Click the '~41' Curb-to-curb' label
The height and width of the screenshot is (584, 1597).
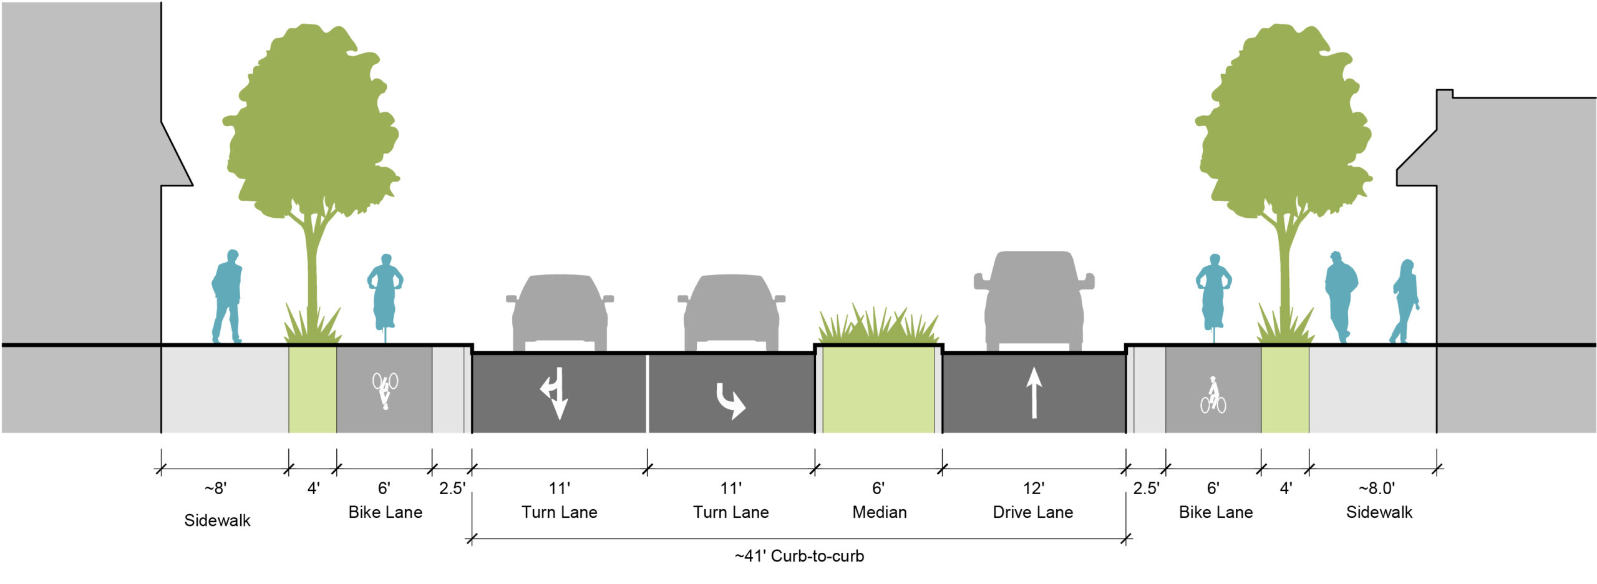[x=799, y=556]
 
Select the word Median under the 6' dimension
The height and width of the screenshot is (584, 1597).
[x=879, y=512]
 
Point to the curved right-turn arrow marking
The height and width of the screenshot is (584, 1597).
[x=730, y=401]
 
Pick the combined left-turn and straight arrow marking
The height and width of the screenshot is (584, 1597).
[x=555, y=392]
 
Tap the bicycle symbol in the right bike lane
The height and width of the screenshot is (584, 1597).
[x=1213, y=396]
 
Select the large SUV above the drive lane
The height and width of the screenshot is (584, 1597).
[x=1034, y=299]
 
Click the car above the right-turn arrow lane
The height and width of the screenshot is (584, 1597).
[x=731, y=312]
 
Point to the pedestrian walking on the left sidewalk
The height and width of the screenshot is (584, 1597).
[x=227, y=296]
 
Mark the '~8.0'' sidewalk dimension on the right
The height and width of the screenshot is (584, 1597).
[x=1377, y=489]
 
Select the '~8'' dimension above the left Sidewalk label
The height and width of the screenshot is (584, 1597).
[x=216, y=489]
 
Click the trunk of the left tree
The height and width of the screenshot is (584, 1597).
[x=312, y=268]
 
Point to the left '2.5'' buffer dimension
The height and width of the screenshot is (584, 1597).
[x=452, y=489]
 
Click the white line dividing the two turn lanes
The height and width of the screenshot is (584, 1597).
[x=648, y=393]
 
